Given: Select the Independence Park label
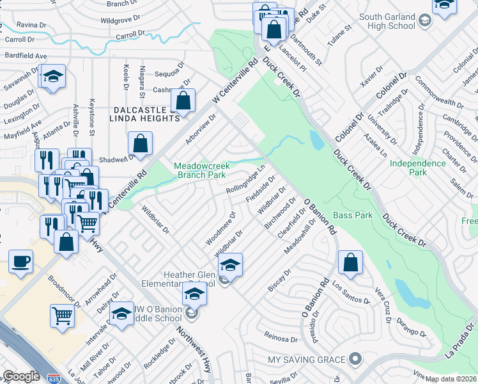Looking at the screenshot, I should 418,168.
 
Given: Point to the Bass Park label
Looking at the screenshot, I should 353,216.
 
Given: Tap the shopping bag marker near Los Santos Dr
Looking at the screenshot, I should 351,262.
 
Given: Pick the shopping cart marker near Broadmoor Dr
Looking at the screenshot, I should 63,315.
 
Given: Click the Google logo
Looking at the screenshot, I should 21,376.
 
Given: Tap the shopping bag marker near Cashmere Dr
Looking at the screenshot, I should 183,101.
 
